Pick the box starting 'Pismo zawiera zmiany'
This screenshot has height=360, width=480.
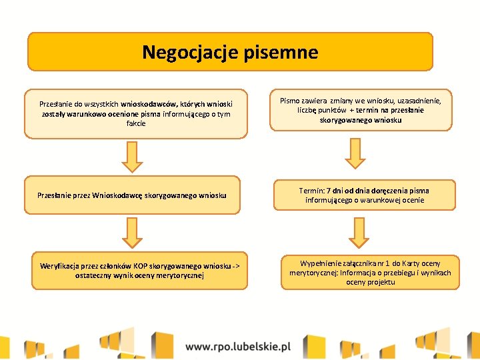tap(361, 109)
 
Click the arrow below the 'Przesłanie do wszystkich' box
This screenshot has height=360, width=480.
tap(134, 157)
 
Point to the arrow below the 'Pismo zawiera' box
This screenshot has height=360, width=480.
tap(355, 154)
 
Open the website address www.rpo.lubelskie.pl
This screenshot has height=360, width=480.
tap(239, 346)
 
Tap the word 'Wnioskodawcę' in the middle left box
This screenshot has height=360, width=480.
tap(116, 195)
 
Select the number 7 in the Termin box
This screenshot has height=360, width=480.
tap(329, 191)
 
